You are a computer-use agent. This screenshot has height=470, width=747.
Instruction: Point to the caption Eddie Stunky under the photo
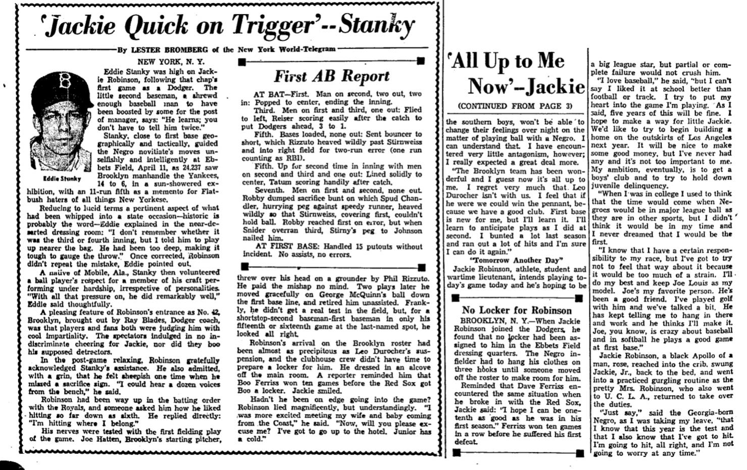pyautogui.click(x=62, y=178)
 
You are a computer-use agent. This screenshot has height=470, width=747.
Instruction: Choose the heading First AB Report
pyautogui.click(x=332, y=76)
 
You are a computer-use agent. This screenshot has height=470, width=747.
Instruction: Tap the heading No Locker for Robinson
pyautogui.click(x=517, y=310)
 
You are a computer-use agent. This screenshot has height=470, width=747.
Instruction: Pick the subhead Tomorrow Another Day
pyautogui.click(x=516, y=260)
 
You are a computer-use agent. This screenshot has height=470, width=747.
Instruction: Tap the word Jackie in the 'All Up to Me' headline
pyautogui.click(x=556, y=86)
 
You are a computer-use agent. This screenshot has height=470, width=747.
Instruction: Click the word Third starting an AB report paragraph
pyautogui.click(x=265, y=110)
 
